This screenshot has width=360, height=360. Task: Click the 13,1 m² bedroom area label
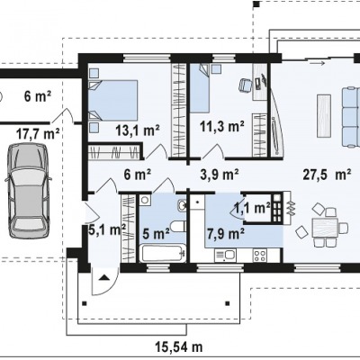(138, 130)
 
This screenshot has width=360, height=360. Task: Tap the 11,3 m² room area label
(222, 127)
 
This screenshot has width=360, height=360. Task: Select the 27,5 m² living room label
(327, 175)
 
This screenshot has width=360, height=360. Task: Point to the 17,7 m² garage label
(38, 133)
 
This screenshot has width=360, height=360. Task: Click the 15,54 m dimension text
(179, 347)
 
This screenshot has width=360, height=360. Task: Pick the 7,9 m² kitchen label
(226, 233)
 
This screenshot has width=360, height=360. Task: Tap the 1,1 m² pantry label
(252, 208)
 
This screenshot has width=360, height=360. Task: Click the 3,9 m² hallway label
(220, 175)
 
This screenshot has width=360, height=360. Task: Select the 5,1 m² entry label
(107, 230)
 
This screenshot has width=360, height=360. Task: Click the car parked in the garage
(27, 191)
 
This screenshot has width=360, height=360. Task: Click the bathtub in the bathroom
(163, 254)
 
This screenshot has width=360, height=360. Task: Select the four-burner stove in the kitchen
(259, 256)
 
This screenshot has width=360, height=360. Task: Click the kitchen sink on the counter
(226, 256)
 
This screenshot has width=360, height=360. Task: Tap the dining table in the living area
(325, 228)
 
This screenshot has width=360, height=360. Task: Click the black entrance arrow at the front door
(103, 277)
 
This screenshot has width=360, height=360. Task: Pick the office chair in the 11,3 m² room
(246, 85)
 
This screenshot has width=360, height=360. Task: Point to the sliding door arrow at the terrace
(318, 63)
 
